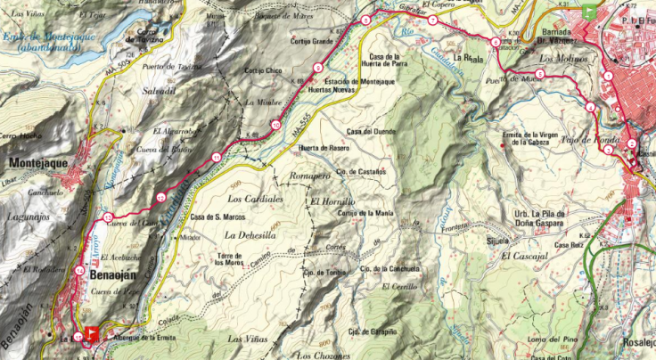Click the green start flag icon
point(589,12)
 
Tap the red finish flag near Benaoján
point(90,336)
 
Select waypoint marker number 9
point(318,69)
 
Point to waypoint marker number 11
point(217,158)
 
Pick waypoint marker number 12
point(160,197)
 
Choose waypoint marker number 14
point(80,271)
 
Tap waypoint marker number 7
point(431,20)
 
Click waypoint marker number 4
point(590,108)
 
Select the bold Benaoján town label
point(112,276)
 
